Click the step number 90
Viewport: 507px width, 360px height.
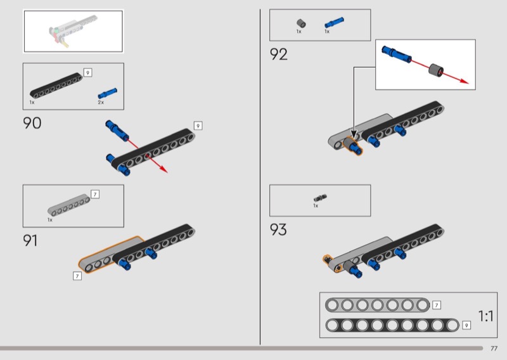[32, 123]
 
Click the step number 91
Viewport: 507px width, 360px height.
[30, 240]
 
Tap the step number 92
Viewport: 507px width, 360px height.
[278, 55]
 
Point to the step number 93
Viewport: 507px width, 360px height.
[278, 229]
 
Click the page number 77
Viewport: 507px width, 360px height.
[494, 349]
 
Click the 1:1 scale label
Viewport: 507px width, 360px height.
[485, 316]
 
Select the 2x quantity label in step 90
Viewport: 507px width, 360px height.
[101, 103]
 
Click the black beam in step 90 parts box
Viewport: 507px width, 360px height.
[56, 86]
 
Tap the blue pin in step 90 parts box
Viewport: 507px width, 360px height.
[108, 93]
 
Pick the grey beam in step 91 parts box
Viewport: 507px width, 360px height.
[69, 205]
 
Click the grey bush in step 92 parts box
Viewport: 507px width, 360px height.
[302, 23]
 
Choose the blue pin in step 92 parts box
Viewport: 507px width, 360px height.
[335, 23]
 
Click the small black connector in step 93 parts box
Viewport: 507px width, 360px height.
[320, 198]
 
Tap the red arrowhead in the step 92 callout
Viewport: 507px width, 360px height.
[465, 81]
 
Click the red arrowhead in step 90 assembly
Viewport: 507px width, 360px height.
[164, 169]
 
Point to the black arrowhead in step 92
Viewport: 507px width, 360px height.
[354, 134]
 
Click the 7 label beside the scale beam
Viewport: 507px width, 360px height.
[437, 305]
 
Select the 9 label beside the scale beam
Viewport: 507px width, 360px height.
[466, 325]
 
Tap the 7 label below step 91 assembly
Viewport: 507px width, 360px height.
[77, 276]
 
